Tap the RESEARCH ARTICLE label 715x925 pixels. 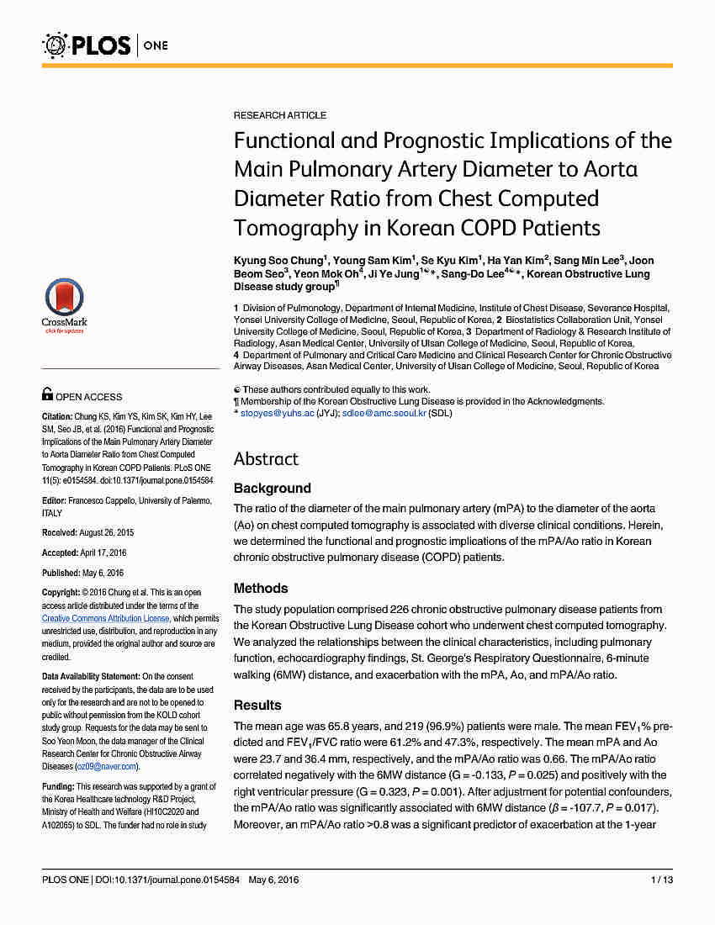click(x=280, y=115)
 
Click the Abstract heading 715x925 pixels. click(x=266, y=458)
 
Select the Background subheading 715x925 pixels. click(x=272, y=488)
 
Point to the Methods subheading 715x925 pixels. click(x=261, y=588)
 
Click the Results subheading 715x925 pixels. click(x=257, y=705)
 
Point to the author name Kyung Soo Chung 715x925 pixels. click(x=277, y=261)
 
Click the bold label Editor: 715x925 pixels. click(x=55, y=500)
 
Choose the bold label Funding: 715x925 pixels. click(x=60, y=787)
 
